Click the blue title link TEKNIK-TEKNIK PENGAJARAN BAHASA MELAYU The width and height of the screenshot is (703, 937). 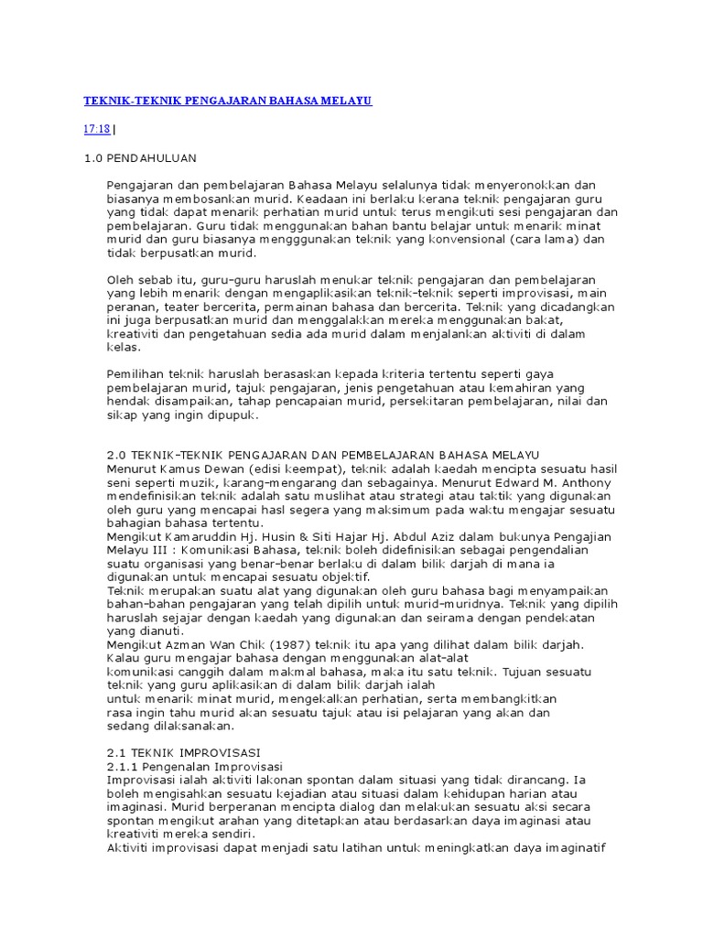228,100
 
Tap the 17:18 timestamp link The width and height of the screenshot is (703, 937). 96,129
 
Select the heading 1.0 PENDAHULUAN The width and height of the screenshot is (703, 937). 140,158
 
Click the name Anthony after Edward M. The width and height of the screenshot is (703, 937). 586,481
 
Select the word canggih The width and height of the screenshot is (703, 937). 210,672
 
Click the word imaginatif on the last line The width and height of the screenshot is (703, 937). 569,847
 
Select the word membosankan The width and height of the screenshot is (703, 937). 206,199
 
